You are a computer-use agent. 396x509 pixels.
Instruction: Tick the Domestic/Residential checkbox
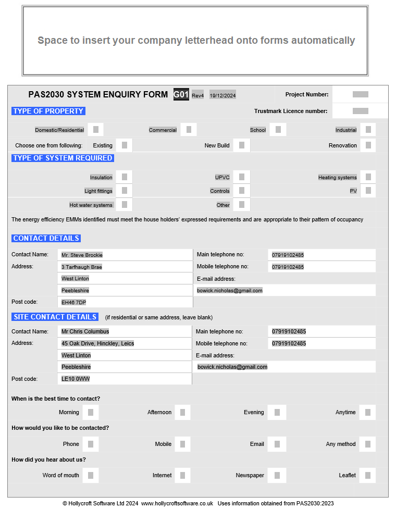(96, 130)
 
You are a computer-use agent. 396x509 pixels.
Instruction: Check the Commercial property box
(189, 130)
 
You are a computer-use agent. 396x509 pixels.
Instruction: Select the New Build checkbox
(242, 145)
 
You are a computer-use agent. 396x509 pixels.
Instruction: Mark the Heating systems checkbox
(368, 177)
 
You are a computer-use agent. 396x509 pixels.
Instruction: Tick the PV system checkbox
(368, 191)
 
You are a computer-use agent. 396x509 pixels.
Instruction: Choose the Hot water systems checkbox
(125, 205)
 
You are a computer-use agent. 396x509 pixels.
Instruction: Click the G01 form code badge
(181, 94)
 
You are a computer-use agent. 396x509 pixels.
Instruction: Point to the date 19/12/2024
(222, 95)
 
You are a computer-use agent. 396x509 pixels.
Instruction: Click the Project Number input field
(360, 94)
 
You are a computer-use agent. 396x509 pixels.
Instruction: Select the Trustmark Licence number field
(360, 111)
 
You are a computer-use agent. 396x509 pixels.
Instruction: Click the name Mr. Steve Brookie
(82, 255)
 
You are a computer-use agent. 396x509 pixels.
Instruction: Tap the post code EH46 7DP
(73, 302)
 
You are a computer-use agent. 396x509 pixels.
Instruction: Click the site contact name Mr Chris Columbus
(85, 331)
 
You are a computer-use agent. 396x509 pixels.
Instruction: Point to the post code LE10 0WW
(76, 379)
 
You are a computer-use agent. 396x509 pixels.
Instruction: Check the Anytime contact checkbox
(368, 412)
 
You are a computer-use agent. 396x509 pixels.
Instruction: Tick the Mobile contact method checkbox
(182, 444)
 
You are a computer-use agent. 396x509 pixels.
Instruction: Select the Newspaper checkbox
(277, 475)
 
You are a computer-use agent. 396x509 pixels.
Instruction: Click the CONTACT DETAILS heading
(46, 238)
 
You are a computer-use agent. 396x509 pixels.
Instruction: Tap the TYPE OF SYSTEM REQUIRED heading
(63, 158)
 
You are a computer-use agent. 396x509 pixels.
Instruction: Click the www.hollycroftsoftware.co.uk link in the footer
(177, 503)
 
